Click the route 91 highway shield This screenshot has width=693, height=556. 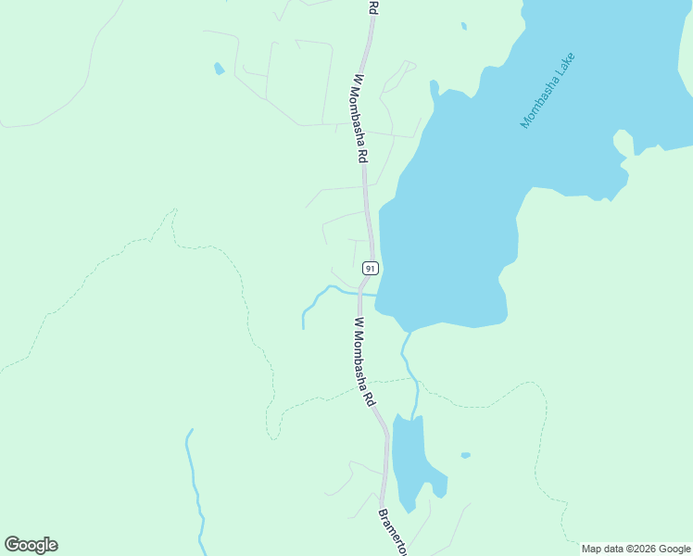[x=370, y=268]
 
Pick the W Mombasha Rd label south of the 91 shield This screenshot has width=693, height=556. [x=362, y=361]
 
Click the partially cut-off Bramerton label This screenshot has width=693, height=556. [x=393, y=532]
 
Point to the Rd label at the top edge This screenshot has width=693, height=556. [x=372, y=6]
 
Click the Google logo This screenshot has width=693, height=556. [x=31, y=545]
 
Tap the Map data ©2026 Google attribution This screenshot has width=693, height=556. [x=636, y=549]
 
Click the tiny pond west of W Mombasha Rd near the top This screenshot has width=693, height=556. [x=219, y=69]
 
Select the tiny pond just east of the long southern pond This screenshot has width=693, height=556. [x=465, y=455]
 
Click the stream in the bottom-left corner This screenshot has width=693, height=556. [x=194, y=482]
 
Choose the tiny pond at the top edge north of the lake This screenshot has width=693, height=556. [x=463, y=25]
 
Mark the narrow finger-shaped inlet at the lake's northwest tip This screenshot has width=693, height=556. [x=434, y=93]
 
